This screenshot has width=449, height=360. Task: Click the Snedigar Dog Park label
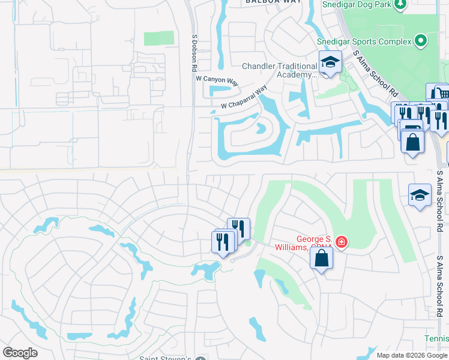point(356,5)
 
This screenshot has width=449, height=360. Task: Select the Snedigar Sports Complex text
point(364,41)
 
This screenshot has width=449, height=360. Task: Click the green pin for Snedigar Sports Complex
point(421,41)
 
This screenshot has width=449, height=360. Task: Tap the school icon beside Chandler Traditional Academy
point(330,62)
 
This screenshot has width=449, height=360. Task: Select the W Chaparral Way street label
point(244,97)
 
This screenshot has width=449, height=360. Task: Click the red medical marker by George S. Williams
point(342,242)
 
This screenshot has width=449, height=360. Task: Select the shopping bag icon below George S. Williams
point(321,258)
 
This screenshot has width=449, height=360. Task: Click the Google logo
point(20,353)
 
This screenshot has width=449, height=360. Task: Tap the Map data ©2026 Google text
point(412,355)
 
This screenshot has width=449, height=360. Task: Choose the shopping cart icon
point(440,92)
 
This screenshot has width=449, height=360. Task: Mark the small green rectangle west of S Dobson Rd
point(158,38)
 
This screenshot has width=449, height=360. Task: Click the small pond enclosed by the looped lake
point(261,128)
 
